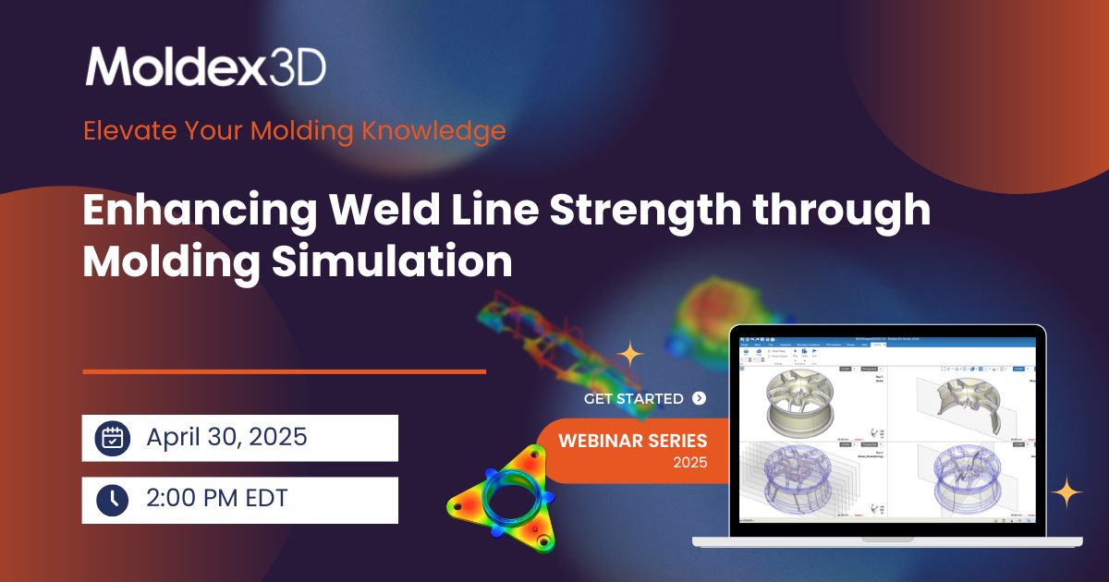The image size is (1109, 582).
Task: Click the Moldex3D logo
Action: (x=205, y=67)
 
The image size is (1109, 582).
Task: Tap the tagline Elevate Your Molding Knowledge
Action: (x=294, y=130)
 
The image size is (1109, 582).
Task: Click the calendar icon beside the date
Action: (x=113, y=438)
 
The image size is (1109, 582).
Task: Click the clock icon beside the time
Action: (x=113, y=500)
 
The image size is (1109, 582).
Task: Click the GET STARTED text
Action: (x=634, y=399)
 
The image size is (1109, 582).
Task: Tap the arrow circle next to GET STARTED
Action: (x=699, y=399)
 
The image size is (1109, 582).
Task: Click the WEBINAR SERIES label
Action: (x=632, y=441)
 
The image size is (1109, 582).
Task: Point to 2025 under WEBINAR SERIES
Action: (x=689, y=462)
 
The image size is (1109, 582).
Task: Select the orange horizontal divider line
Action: (x=284, y=371)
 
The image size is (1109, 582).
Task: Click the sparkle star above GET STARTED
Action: (x=630, y=354)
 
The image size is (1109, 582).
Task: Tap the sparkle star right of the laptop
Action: (x=1067, y=491)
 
